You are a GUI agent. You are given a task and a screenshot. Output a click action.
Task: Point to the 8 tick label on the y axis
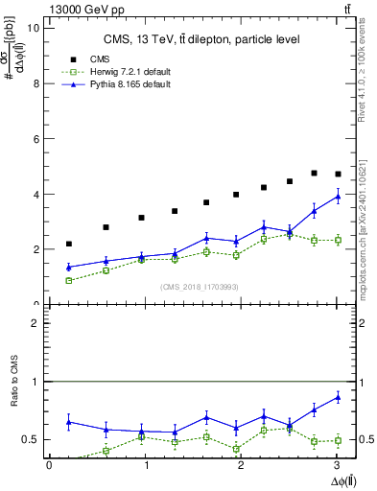[x=35, y=83]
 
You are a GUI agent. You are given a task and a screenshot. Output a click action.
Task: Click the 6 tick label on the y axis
[x=35, y=139]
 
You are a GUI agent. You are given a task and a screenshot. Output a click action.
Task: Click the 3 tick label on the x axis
[x=341, y=465]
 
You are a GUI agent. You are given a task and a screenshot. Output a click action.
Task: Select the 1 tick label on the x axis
[x=147, y=465]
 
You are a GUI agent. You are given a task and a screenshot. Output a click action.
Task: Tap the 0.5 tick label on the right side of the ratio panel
[x=354, y=439]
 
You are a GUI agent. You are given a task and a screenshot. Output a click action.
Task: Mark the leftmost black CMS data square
[x=68, y=244]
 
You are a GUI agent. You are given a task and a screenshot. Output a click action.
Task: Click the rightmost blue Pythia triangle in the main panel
[x=337, y=196]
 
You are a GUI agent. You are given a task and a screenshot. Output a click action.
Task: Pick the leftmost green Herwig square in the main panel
[x=68, y=280]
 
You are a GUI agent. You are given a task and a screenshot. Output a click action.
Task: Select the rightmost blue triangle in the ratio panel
[x=337, y=396]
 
